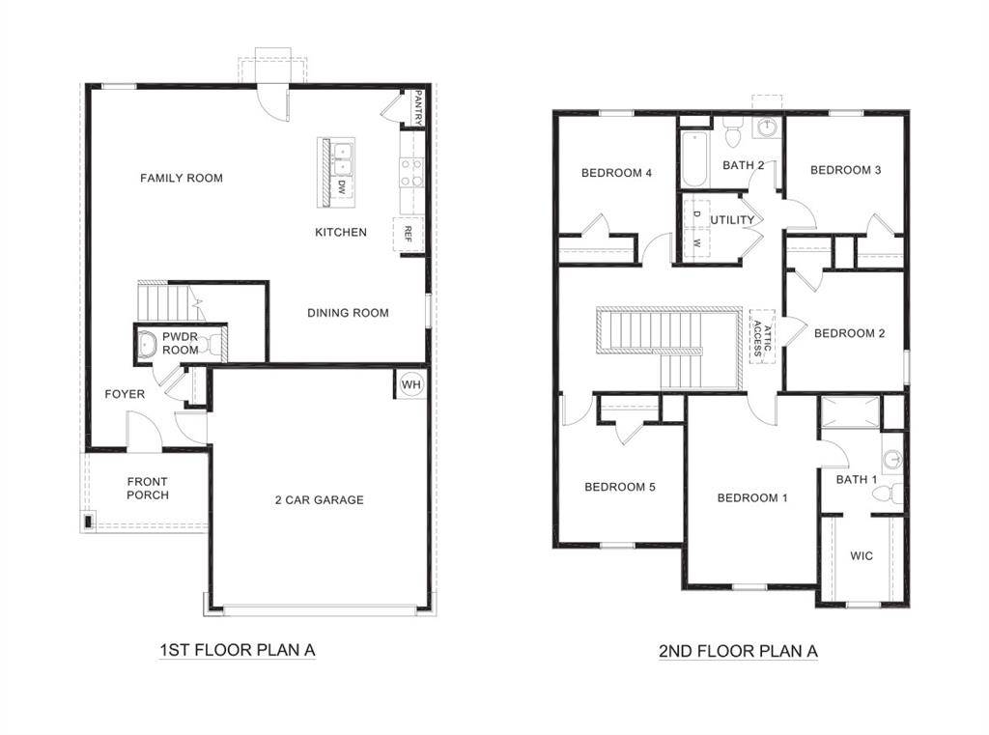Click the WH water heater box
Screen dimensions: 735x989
[411, 384]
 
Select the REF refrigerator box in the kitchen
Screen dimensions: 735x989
[408, 234]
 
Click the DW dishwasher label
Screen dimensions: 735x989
[343, 188]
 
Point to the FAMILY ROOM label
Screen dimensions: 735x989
[182, 178]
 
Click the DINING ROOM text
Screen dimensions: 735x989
[348, 313]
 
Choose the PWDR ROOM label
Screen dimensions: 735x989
[180, 343]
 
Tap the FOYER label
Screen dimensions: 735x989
[125, 394]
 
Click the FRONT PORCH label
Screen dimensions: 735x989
[147, 489]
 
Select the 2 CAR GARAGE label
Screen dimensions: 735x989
[319, 500]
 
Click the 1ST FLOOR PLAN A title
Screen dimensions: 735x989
[237, 650]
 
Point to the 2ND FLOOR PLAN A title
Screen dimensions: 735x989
[738, 651]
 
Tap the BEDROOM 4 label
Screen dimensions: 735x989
[616, 173]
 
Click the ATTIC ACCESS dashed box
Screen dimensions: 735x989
[761, 335]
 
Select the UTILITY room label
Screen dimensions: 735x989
[733, 220]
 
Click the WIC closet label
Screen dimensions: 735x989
[862, 555]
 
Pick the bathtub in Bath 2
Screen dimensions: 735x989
[693, 158]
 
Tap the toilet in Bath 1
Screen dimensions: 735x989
[886, 494]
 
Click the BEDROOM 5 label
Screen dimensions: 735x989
[620, 487]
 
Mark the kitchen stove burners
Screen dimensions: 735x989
[411, 173]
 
